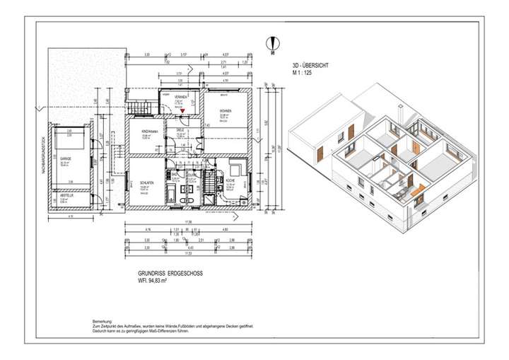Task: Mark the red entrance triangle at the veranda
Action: (x=182, y=112)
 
